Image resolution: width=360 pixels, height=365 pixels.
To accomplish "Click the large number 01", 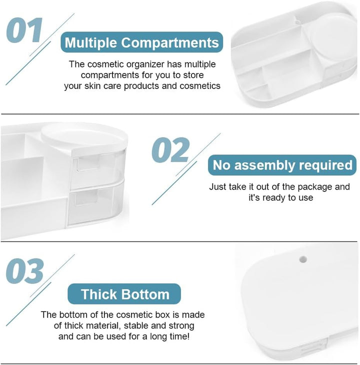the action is (24, 30).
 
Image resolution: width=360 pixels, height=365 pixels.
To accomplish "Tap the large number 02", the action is (170, 150).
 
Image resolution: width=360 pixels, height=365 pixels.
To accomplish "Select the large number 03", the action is (24, 270).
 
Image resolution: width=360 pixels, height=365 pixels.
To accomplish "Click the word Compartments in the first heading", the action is (170, 42).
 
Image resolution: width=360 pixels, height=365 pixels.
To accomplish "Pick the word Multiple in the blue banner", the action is (91, 43).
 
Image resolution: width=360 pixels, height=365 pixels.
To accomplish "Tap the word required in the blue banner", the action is (325, 165).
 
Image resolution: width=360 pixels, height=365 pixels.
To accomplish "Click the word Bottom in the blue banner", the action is (145, 294).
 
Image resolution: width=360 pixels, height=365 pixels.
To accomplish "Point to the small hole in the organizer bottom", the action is (302, 259).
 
